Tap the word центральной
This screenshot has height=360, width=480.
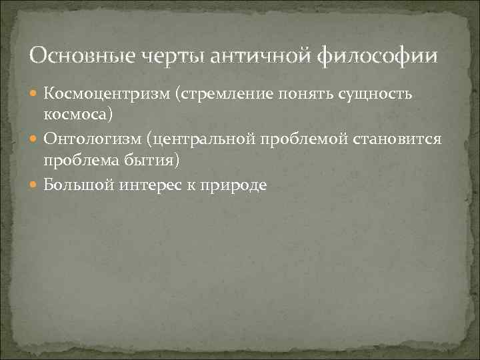click(x=197, y=140)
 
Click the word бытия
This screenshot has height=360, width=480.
click(x=148, y=160)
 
